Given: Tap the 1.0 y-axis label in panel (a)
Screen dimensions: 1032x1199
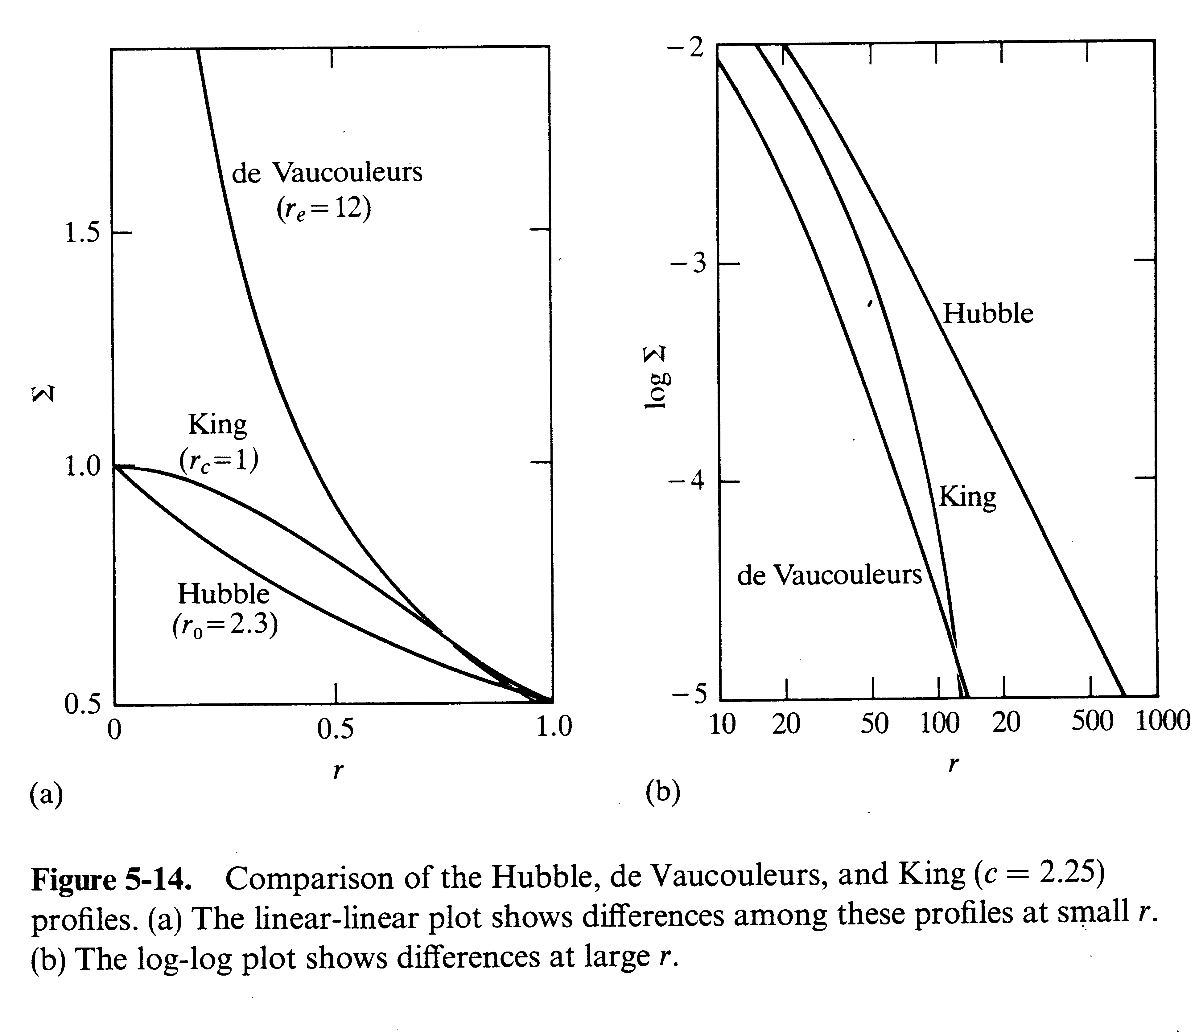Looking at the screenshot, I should [x=82, y=466].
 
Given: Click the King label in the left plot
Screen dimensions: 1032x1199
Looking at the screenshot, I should [x=218, y=425].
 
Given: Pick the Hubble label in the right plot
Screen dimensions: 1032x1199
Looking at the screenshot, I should [x=988, y=314].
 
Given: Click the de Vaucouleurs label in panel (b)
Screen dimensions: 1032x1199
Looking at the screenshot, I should [x=829, y=575].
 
